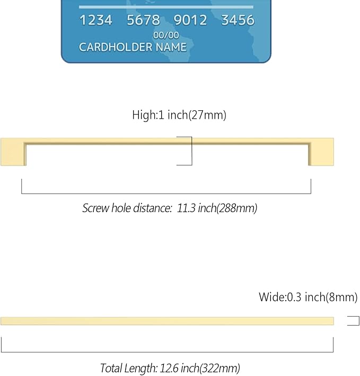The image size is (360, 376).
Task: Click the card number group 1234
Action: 96,20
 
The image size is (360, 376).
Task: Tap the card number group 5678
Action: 143,20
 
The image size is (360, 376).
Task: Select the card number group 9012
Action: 190,20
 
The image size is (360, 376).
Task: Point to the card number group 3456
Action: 238,20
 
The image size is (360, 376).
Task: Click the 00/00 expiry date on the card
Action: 166,36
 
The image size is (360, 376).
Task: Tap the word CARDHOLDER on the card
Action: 116,47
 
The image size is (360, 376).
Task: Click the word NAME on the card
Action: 171,47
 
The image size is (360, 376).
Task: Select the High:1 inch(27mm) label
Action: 179,115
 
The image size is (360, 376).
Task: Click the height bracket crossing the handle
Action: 191,151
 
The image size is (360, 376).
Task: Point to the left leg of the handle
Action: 13,152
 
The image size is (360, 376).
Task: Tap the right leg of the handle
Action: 321,152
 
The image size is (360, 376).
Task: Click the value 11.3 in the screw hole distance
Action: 186,208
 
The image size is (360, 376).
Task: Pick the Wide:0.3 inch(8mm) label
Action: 308,297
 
